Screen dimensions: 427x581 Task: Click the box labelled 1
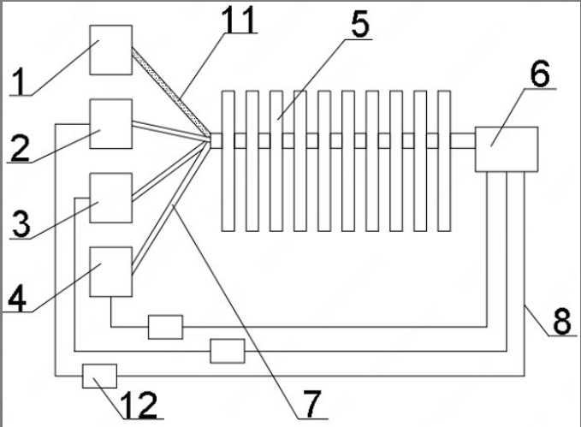[111, 50]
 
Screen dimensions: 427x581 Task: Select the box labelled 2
[111, 124]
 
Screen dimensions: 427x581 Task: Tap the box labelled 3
[111, 199]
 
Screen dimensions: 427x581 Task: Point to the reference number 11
[241, 19]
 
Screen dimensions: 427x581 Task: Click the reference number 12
[134, 404]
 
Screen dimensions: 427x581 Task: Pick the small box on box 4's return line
[165, 327]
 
